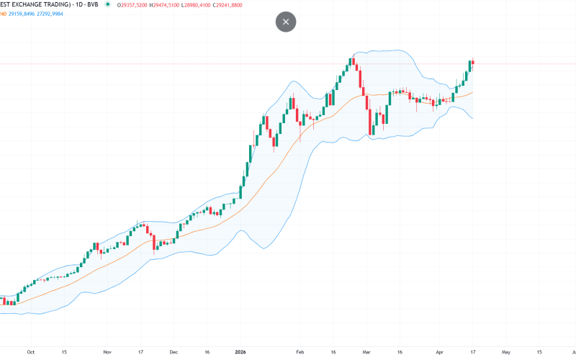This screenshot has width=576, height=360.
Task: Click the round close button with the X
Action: point(286,22)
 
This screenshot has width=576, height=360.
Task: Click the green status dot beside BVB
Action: point(107,4)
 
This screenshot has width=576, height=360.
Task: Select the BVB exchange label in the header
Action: point(91,4)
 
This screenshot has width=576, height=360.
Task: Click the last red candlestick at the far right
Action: point(473,62)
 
